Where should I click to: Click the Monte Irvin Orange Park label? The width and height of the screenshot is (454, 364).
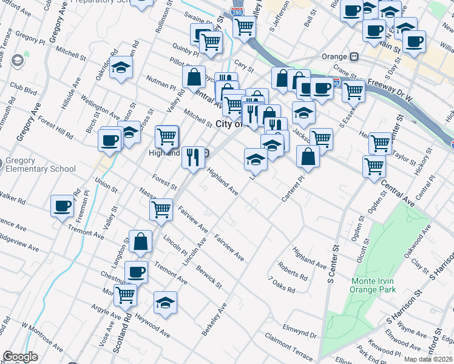point(373,285)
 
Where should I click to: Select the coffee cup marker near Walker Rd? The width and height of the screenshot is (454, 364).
point(62,206)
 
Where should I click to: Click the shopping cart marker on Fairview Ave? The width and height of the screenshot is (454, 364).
point(161,209)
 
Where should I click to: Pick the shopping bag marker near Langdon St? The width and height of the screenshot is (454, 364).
point(140,241)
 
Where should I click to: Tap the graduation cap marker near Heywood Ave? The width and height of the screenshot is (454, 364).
point(165,302)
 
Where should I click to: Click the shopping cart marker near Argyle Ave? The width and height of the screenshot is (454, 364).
point(125,295)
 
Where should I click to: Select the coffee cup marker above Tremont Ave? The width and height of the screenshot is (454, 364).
point(136,272)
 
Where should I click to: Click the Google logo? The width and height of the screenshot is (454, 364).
point(20,357)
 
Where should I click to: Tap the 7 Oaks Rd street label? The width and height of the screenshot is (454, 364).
point(282,285)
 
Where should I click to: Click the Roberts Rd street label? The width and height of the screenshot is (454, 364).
point(293,271)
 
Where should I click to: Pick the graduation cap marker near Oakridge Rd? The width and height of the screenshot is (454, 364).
point(121,69)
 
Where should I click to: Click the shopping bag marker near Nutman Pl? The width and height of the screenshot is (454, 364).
point(194,77)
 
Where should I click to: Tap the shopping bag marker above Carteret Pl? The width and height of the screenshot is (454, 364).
point(308,156)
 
